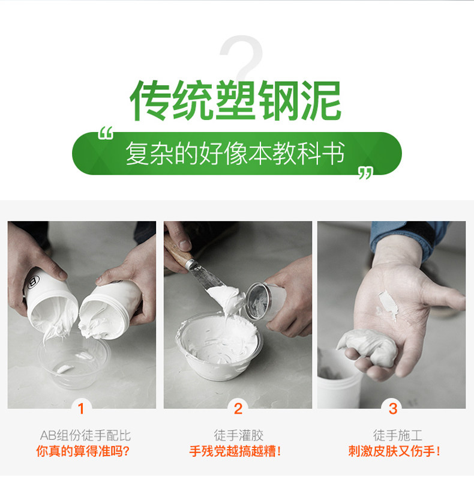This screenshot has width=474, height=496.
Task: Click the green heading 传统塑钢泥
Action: (x=235, y=101)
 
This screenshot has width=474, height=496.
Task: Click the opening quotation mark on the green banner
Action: (x=106, y=133)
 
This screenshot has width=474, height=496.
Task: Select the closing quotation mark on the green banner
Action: (x=365, y=174)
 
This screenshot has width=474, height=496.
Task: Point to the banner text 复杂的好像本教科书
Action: (x=235, y=153)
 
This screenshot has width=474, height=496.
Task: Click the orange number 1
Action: (x=81, y=408)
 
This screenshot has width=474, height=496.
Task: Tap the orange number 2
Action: (x=238, y=408)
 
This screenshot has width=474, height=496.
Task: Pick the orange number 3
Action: (x=393, y=408)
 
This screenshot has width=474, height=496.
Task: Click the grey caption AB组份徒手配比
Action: (x=85, y=435)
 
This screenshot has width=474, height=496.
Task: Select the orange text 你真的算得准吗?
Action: (x=83, y=451)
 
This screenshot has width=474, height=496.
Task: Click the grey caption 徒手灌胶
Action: (x=239, y=435)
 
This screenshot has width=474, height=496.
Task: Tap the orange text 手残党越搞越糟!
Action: (x=235, y=451)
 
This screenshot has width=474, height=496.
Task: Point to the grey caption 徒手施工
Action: (x=398, y=435)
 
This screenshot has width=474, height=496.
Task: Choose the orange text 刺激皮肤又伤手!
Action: (x=394, y=451)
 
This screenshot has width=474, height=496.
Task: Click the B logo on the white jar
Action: (x=33, y=282)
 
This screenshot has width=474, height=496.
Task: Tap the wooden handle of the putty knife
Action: (x=177, y=250)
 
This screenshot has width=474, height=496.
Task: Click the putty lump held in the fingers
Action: (x=368, y=347)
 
